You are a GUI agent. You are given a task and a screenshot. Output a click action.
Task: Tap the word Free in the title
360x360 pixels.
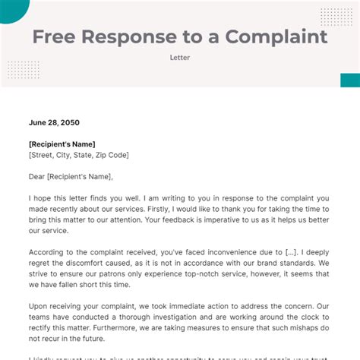click(x=58, y=36)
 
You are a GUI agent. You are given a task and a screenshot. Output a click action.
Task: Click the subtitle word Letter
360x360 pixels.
click(x=180, y=57)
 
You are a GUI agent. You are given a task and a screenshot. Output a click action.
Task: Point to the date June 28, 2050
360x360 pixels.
click(x=53, y=122)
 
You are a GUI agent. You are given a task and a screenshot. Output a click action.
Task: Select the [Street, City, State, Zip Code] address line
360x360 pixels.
click(x=79, y=155)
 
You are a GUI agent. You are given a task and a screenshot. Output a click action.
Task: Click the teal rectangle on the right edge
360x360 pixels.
click(x=349, y=80)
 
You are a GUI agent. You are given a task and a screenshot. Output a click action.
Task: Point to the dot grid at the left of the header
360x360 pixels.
click(x=23, y=70)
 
